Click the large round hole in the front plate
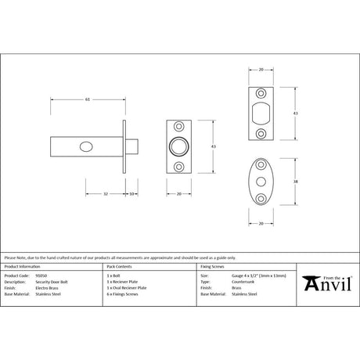(x=179, y=146)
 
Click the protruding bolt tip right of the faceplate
(x=133, y=146)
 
